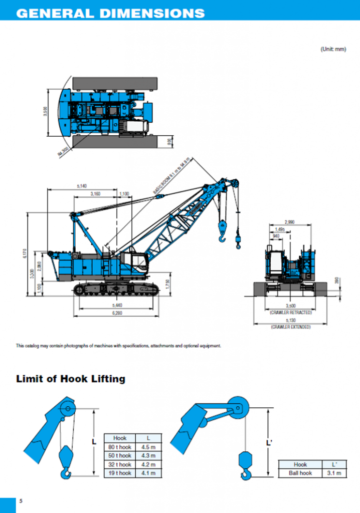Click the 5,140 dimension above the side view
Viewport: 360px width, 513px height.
82,186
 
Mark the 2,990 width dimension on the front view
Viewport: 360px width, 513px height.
289,221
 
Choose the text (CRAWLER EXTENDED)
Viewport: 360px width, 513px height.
290,327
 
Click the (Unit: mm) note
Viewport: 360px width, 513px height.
333,49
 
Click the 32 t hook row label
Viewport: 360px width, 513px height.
120,464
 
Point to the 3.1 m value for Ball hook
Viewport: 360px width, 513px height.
331,473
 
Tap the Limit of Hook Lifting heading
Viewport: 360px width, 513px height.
71,379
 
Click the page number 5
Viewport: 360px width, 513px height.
21,501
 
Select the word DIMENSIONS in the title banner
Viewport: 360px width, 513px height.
151,13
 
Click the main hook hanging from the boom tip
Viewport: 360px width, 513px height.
222,232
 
